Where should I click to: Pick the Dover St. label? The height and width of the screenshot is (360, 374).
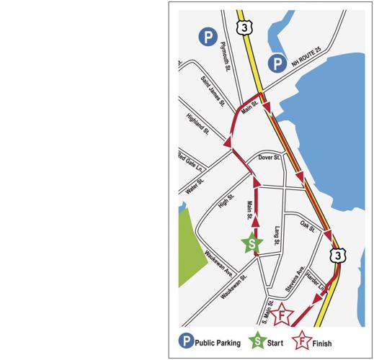(x=269, y=156)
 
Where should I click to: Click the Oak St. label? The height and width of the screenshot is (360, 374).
(x=308, y=227)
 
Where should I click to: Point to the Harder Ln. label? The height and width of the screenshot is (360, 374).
(x=316, y=281)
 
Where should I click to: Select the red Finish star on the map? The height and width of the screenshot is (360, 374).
(x=283, y=316)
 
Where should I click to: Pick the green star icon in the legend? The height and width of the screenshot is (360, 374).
(x=256, y=343)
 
